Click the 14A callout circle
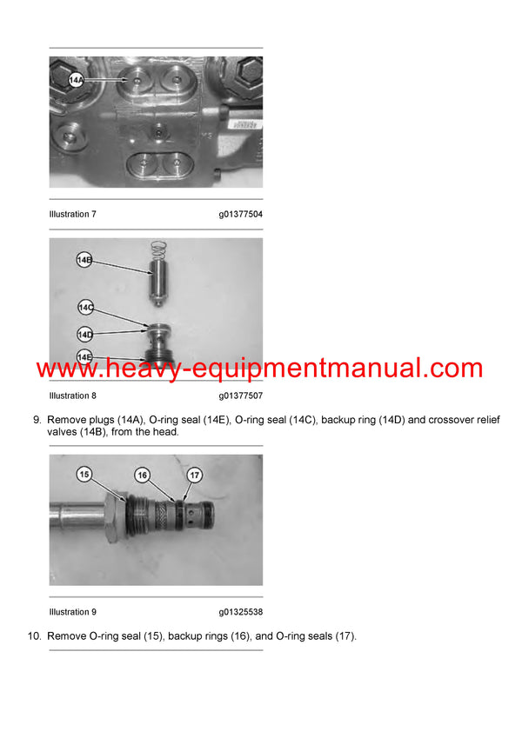76,82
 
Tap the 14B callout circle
84,260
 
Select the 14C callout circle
85,308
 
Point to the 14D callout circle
85,333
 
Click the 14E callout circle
84,356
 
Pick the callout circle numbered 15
84,475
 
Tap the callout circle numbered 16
143,475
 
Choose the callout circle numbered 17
195,475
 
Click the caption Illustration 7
72,214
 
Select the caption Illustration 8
72,396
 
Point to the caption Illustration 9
72,612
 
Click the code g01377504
241,214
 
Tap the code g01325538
241,612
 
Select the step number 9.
37,421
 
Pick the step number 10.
35,636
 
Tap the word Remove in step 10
66,636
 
